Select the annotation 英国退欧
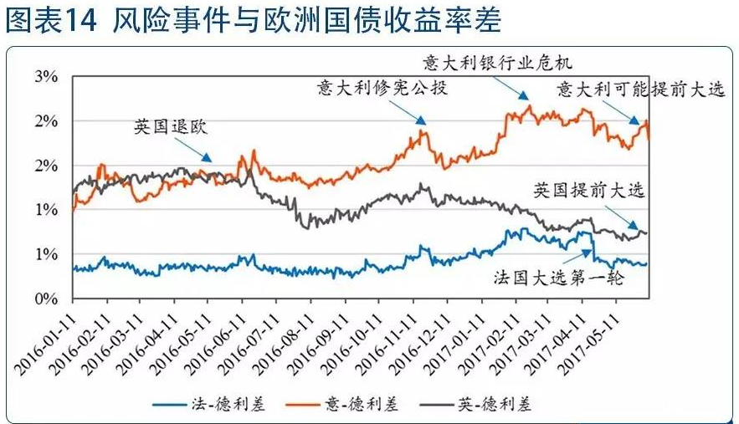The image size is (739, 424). pos(169,127)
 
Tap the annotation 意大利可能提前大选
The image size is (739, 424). pos(641,89)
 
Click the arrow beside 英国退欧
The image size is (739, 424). pos(200,152)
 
